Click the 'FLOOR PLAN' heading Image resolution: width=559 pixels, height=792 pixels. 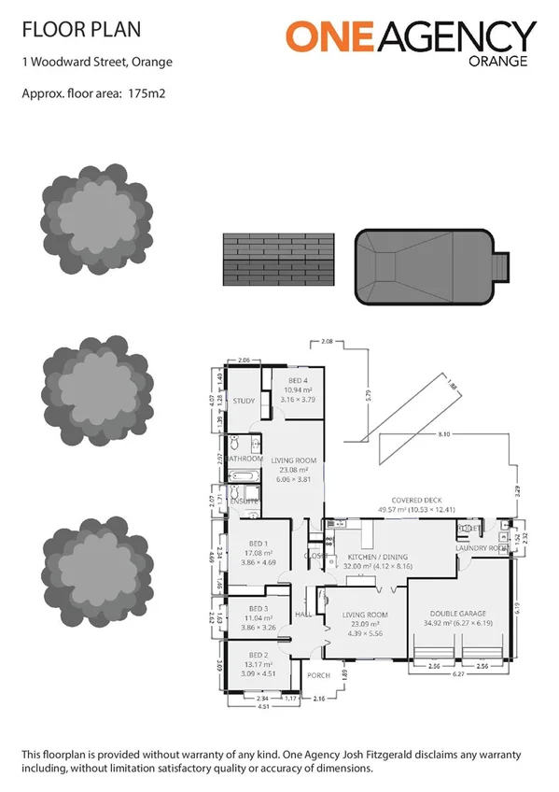pos(81,29)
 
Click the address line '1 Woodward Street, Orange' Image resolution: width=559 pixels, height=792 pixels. pos(96,64)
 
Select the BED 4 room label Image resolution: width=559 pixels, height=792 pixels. pos(298,381)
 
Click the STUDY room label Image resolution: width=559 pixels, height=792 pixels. pos(244,402)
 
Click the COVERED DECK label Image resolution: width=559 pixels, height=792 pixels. pos(417,502)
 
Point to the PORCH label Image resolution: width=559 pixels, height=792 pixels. pos(319,675)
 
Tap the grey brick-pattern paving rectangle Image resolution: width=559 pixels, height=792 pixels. pos(277,259)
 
